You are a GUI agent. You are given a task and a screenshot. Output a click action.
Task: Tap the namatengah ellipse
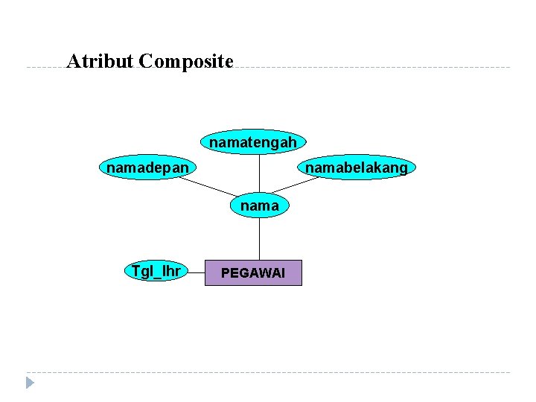pyautogui.click(x=253, y=141)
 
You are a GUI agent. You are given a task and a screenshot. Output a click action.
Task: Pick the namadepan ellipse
pyautogui.click(x=147, y=168)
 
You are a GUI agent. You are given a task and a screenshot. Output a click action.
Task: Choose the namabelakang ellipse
pyautogui.click(x=356, y=168)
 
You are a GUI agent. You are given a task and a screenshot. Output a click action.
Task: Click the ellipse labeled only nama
pyautogui.click(x=259, y=205)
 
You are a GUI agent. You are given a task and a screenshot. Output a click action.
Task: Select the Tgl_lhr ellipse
pyautogui.click(x=156, y=271)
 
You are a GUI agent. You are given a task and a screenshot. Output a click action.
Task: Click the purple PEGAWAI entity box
pyautogui.click(x=252, y=273)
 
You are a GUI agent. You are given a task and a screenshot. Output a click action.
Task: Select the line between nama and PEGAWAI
pyautogui.click(x=259, y=238)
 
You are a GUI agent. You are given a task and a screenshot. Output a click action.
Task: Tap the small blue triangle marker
pyautogui.click(x=30, y=383)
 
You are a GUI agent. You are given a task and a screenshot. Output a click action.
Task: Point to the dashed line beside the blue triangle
pyautogui.click(x=268, y=372)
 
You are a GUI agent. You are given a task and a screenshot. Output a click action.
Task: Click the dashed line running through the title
pyautogui.click(x=372, y=68)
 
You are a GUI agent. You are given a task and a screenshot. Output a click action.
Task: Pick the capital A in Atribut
pyautogui.click(x=72, y=61)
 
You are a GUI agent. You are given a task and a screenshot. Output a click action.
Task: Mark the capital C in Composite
pyautogui.click(x=144, y=61)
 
